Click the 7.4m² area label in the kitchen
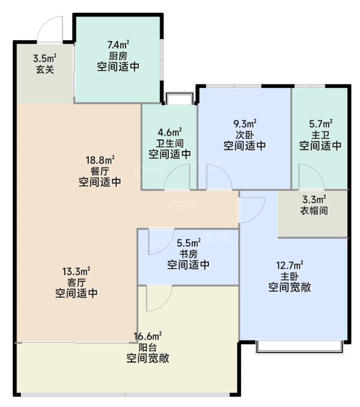click(119, 44)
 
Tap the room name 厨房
click(119, 56)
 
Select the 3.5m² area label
click(45, 58)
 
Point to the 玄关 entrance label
click(45, 69)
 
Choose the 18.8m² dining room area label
click(100, 160)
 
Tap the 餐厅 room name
click(100, 171)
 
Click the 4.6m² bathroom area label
click(170, 132)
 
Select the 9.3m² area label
click(245, 124)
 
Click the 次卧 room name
click(245, 135)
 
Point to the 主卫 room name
click(320, 135)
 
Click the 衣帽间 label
click(314, 210)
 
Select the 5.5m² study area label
click(189, 243)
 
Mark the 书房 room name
click(189, 254)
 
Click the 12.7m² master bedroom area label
click(290, 265)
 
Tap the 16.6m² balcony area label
click(148, 336)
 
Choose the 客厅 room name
click(76, 282)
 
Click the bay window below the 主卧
click(300, 347)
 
